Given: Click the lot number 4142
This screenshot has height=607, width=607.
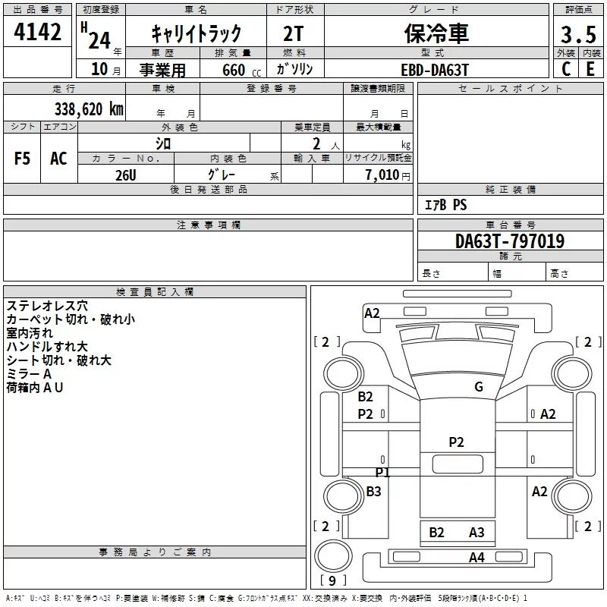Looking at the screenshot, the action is pyautogui.click(x=37, y=32).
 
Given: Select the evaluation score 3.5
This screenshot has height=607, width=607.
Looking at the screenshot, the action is pyautogui.click(x=578, y=34).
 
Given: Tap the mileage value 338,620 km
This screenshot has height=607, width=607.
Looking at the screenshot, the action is pyautogui.click(x=89, y=109).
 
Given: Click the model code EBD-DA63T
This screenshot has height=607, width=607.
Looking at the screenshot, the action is pyautogui.click(x=435, y=70).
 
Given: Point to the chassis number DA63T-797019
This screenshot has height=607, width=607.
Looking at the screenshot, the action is pyautogui.click(x=510, y=241).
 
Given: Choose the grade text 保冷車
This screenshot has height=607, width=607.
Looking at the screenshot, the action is pyautogui.click(x=436, y=33).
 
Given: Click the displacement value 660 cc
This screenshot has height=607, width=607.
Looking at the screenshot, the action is pyautogui.click(x=241, y=70).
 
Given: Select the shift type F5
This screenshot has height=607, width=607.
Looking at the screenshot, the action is pyautogui.click(x=22, y=159).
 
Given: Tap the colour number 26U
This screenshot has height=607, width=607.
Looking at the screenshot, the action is pyautogui.click(x=126, y=175).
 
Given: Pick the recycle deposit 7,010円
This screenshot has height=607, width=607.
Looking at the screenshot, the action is pyautogui.click(x=388, y=175).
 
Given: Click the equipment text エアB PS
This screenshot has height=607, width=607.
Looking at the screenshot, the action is pyautogui.click(x=446, y=204).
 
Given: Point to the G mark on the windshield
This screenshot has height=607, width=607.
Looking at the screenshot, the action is pyautogui.click(x=479, y=386).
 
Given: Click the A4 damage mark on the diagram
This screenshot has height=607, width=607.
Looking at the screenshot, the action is pyautogui.click(x=476, y=558).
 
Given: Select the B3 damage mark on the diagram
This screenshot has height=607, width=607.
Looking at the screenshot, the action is pyautogui.click(x=373, y=491).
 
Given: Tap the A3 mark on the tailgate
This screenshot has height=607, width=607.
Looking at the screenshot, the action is pyautogui.click(x=476, y=533).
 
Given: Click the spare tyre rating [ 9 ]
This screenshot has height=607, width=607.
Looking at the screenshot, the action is pyautogui.click(x=332, y=580).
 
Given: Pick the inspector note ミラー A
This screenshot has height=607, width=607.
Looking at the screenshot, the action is pyautogui.click(x=29, y=373).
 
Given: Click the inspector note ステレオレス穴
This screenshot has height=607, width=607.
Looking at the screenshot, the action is pyautogui.click(x=47, y=306).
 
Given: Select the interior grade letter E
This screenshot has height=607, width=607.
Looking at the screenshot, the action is pyautogui.click(x=590, y=69).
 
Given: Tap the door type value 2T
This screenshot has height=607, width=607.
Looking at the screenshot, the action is pyautogui.click(x=293, y=33).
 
